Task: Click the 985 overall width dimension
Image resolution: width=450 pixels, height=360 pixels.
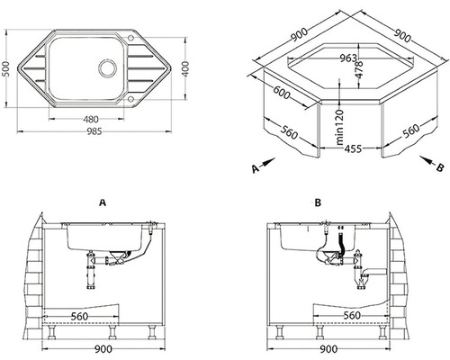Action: [94, 131]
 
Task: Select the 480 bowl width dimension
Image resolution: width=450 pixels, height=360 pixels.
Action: [91, 120]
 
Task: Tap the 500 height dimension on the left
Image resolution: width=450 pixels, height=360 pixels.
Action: [6, 68]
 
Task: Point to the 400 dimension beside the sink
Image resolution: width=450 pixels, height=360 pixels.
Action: [185, 68]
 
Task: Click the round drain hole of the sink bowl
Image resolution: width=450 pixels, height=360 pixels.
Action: [107, 67]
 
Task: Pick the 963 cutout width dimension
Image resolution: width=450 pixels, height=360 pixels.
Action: [348, 58]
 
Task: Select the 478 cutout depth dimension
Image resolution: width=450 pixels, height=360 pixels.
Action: [359, 69]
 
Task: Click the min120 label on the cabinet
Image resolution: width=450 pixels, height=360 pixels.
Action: [339, 127]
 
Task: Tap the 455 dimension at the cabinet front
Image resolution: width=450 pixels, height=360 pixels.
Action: [353, 148]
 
